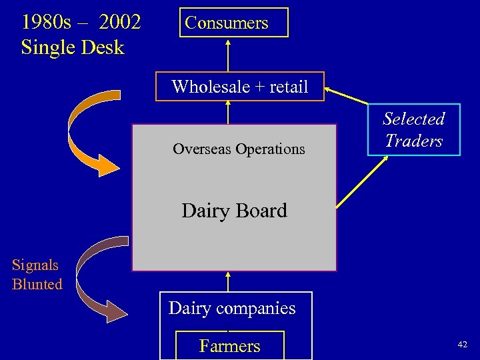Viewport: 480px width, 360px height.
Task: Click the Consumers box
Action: coord(227,22)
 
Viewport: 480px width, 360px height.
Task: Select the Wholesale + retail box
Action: coord(239,87)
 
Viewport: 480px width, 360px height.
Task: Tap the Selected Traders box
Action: coord(413,130)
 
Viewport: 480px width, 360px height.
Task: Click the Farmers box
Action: coord(229,345)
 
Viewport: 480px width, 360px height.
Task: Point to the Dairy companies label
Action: coord(231,308)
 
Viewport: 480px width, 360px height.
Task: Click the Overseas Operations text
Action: coord(239,149)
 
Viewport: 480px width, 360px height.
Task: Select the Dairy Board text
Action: coord(234,211)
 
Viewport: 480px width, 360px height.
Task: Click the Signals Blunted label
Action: coord(37,275)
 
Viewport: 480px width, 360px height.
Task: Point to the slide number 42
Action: coord(462,344)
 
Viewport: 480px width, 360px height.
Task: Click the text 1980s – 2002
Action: coord(81,22)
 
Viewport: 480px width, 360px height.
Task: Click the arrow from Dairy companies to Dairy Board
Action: coord(228,281)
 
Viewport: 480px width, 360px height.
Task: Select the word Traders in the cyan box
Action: coord(413,141)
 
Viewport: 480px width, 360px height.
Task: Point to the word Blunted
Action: coord(37,284)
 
